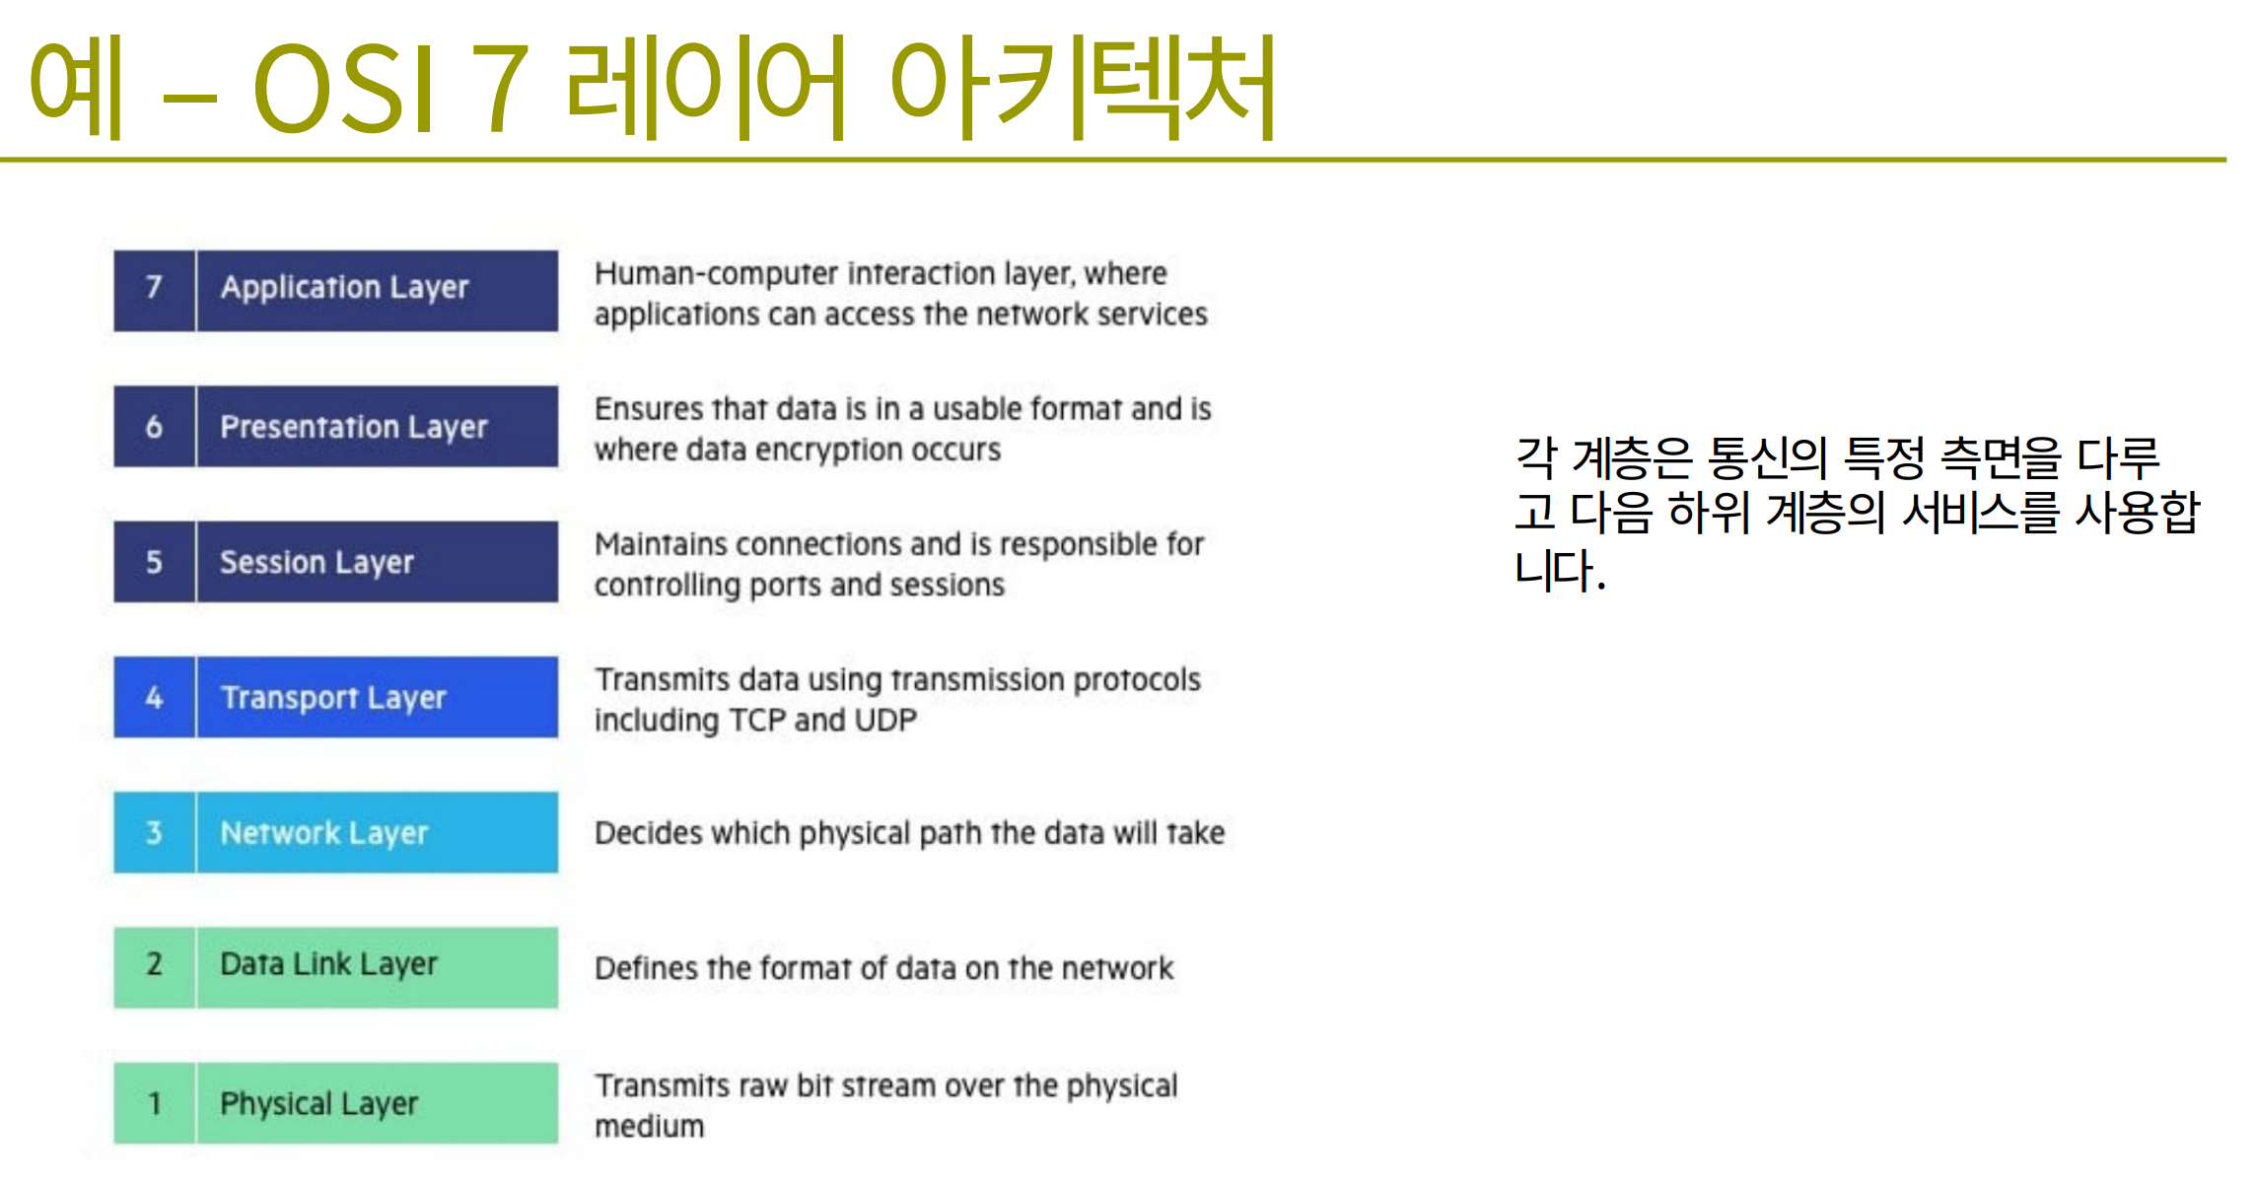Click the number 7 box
coord(154,291)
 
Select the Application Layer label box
coord(378,291)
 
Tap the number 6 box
coord(154,426)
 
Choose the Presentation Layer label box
coord(378,426)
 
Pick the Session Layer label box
coord(378,561)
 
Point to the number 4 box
coord(154,697)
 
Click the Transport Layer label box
coord(378,697)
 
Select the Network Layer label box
coord(378,832)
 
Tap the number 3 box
coord(154,832)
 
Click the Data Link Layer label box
coord(378,967)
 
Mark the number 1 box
coord(154,1102)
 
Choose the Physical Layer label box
coord(378,1102)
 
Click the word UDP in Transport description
coord(885,720)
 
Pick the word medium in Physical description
coord(650,1126)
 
